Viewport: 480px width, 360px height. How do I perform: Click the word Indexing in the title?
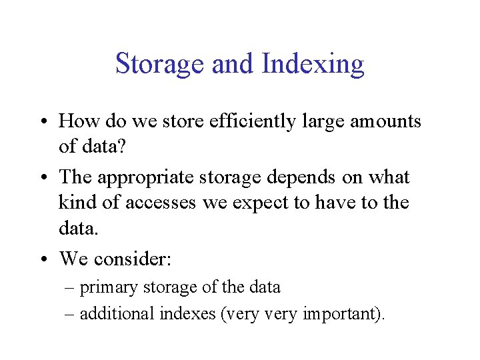click(x=313, y=65)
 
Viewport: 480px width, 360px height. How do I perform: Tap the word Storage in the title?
click(x=159, y=65)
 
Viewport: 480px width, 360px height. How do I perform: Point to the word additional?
click(x=117, y=313)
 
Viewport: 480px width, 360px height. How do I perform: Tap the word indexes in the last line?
click(x=188, y=313)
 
